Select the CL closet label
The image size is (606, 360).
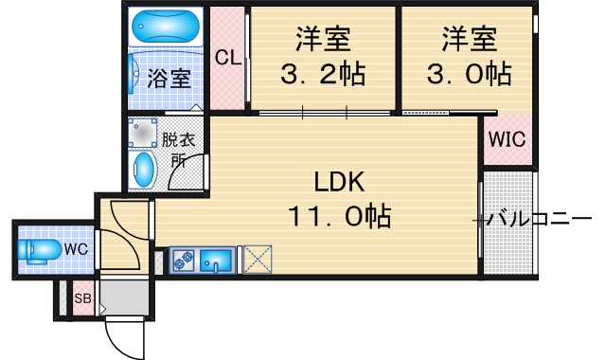pos(227,57)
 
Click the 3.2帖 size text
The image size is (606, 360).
pos(324,73)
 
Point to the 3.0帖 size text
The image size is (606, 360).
pos(470,73)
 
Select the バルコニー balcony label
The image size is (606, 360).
pos(540,220)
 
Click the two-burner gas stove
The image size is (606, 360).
pos(183,258)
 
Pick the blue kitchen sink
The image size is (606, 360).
pos(219,259)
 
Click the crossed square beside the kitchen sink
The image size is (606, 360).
pos(257,260)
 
